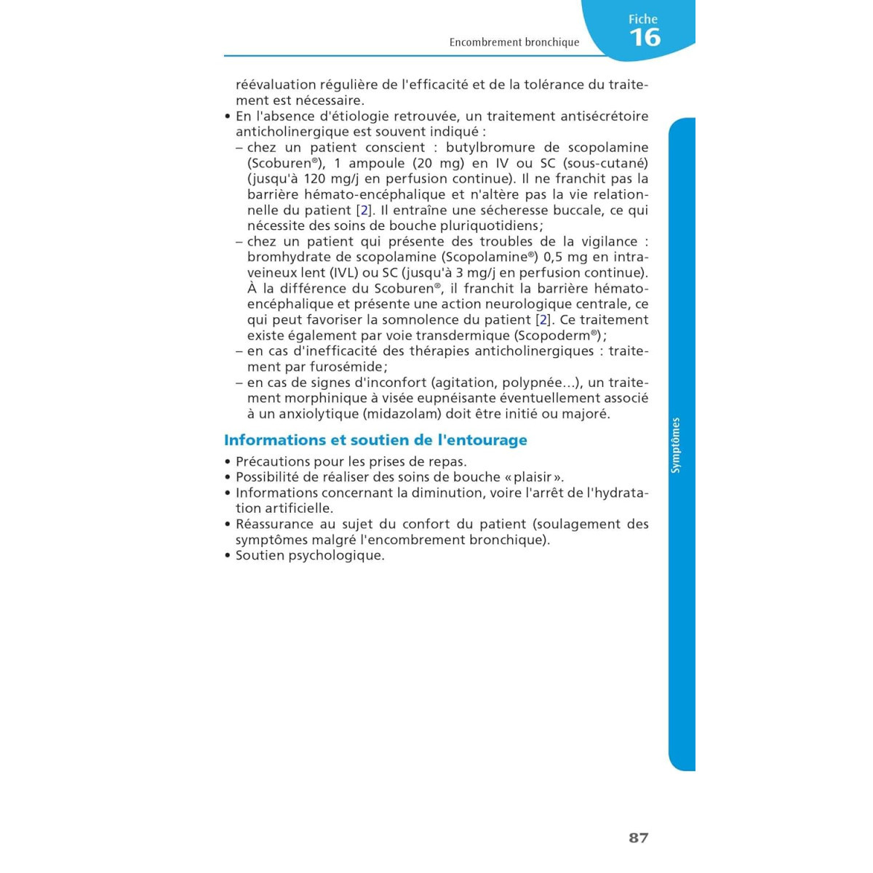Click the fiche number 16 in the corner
[x=645, y=38]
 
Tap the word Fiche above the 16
[x=643, y=20]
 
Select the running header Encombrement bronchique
[x=514, y=42]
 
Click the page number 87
[x=638, y=838]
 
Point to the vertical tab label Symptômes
[x=676, y=445]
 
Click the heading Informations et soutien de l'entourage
[x=375, y=440]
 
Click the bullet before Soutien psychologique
[x=228, y=556]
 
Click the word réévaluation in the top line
[x=276, y=84]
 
